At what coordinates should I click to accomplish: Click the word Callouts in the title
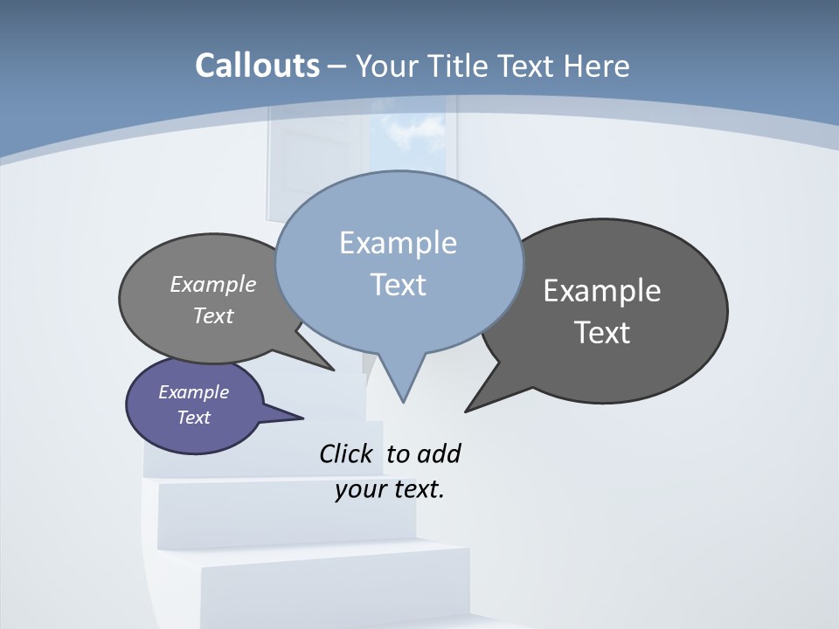(x=257, y=66)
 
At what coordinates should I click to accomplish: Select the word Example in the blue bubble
(x=398, y=243)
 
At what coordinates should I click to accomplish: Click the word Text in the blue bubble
(x=398, y=285)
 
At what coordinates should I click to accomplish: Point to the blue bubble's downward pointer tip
(x=403, y=401)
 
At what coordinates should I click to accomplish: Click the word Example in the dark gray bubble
(x=602, y=291)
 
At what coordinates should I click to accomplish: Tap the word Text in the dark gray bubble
(x=602, y=333)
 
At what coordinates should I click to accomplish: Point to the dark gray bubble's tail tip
(x=466, y=411)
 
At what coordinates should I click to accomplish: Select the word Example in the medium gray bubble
(x=213, y=285)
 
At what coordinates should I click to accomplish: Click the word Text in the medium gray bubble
(x=213, y=315)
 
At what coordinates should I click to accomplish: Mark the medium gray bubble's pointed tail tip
(x=334, y=370)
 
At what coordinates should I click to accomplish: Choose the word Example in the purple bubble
(x=193, y=392)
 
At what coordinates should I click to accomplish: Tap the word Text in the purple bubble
(x=193, y=418)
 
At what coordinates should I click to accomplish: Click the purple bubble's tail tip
(x=302, y=417)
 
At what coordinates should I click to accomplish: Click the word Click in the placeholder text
(x=345, y=454)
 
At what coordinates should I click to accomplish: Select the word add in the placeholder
(x=439, y=454)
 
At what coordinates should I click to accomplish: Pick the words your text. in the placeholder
(x=390, y=489)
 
